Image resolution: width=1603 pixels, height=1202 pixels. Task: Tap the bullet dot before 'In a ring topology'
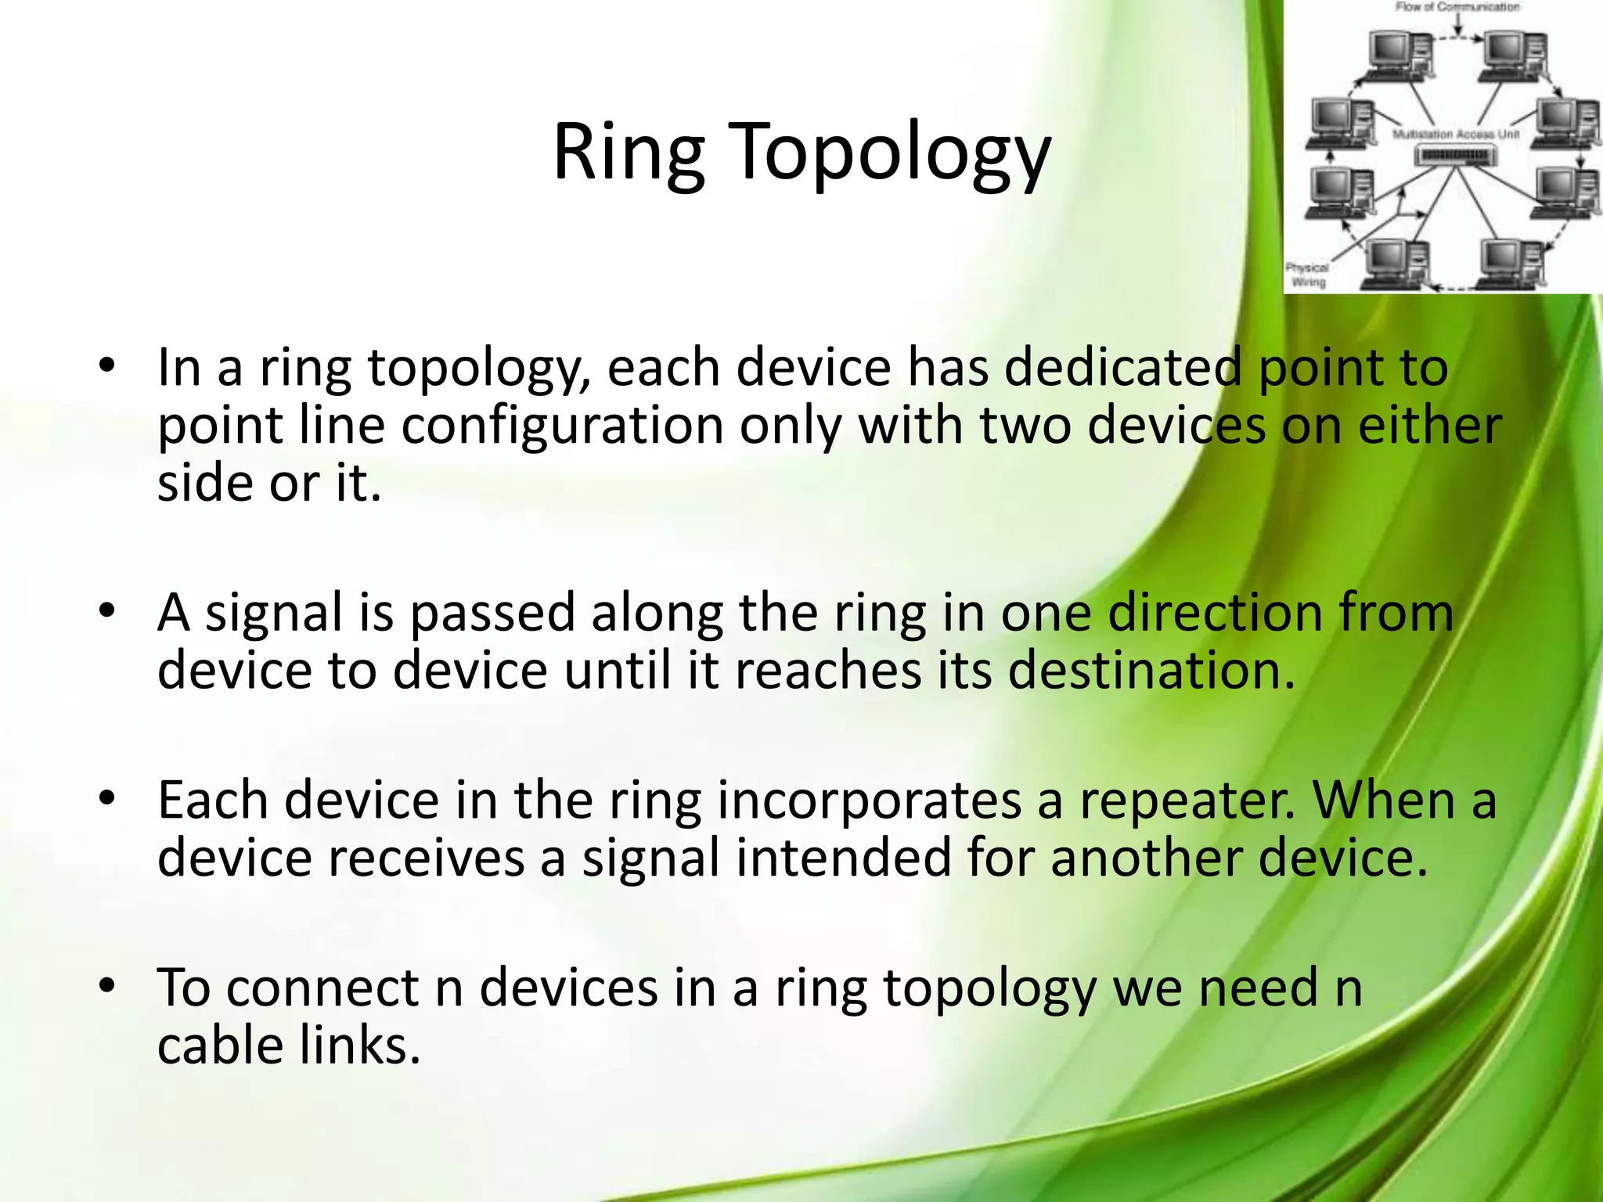point(107,365)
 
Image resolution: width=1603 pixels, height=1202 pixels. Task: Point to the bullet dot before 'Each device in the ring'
point(107,797)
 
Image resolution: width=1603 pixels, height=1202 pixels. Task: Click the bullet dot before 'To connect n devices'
point(107,985)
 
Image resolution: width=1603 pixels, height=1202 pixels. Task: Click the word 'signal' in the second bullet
point(274,614)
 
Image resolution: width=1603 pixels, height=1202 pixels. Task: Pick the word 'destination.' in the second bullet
point(1151,671)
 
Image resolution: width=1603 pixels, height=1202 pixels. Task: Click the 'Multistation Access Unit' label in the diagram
point(1455,135)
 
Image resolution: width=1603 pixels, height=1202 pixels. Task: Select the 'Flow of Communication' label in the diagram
point(1457,7)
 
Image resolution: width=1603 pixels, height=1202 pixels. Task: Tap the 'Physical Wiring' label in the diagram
point(1307,275)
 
